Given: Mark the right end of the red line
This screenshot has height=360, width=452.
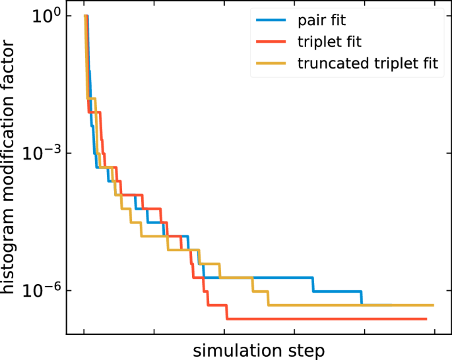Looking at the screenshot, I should (x=426, y=319).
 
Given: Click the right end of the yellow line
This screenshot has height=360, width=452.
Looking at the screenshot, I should (x=433, y=305).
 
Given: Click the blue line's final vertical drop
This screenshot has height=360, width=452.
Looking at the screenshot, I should (x=362, y=298).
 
